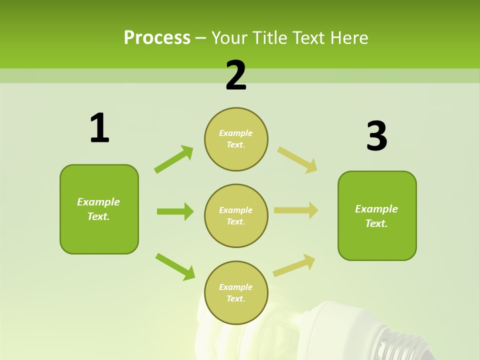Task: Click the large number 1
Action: point(99,128)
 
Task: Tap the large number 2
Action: point(236,76)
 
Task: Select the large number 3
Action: point(376,137)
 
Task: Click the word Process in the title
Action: point(157,37)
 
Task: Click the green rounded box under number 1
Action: point(99,209)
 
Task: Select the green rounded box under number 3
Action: point(377,215)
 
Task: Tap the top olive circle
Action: point(236,139)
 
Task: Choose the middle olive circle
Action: point(236,215)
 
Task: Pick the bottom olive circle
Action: point(236,292)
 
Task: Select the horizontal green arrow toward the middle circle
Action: point(175,211)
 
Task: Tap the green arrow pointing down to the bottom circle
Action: point(175,266)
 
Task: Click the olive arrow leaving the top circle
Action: point(297,160)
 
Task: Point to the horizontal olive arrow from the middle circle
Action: point(296,210)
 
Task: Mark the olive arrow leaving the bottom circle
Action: point(294,265)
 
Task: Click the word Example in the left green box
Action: point(98,202)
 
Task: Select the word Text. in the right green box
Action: point(376,223)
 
